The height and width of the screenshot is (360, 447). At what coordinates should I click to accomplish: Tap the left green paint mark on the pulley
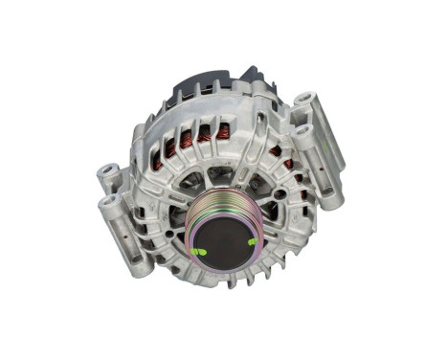pos(197,251)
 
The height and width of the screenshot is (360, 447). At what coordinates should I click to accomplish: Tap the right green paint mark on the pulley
pos(251,242)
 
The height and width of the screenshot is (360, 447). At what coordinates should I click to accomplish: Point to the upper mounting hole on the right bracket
pos(304,99)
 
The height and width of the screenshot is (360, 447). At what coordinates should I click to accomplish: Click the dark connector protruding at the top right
pos(254,76)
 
